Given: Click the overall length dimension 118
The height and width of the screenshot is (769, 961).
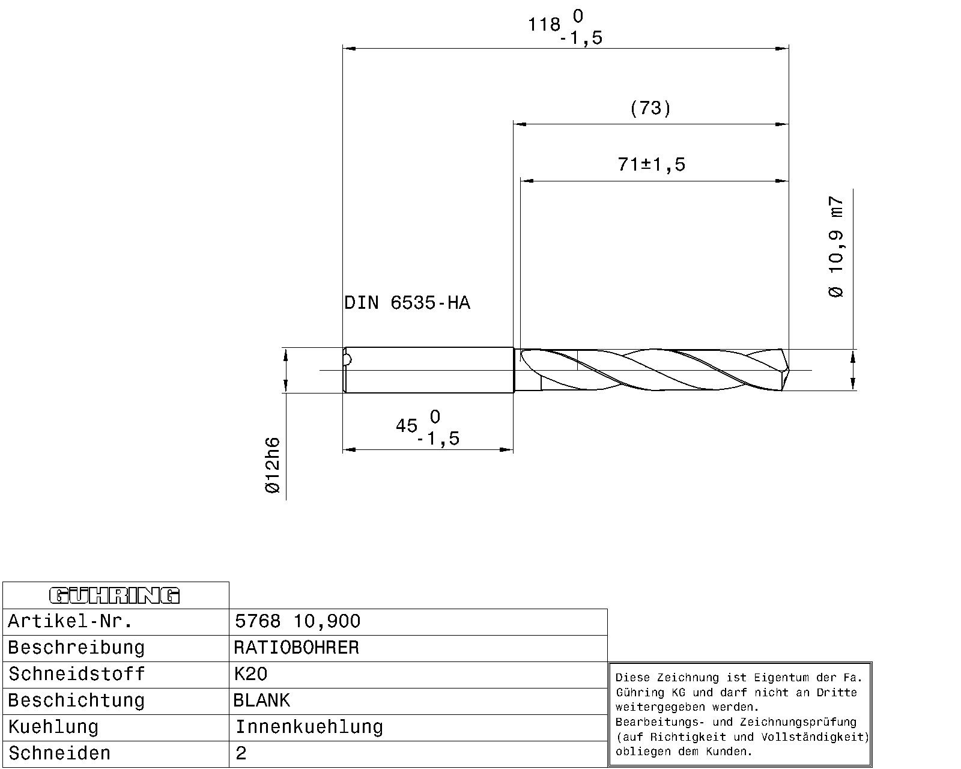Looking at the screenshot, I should [x=544, y=25].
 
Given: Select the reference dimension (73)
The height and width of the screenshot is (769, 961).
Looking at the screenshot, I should [x=650, y=108].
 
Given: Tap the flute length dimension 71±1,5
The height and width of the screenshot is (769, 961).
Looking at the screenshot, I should [x=651, y=164].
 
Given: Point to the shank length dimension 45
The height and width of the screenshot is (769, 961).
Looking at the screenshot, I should [x=407, y=426].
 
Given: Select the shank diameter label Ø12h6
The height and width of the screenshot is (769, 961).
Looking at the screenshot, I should [x=272, y=466].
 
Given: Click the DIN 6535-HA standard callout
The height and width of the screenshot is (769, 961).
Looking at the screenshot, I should [x=407, y=303].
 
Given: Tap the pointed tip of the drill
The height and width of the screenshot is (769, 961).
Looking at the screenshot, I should [x=788, y=370].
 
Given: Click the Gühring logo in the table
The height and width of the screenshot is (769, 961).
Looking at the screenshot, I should [x=114, y=595].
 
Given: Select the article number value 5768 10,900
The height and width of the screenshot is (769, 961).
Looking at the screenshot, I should [x=297, y=621].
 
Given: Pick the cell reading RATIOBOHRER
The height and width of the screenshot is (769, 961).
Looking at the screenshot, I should [x=297, y=648].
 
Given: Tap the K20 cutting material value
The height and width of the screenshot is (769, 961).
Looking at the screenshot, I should [x=250, y=674].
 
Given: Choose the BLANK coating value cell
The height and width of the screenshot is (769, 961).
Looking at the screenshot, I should [x=262, y=701].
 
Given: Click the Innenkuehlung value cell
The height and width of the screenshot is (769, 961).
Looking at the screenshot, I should [x=309, y=727].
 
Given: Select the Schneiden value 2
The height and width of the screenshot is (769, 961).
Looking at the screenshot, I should [x=241, y=753].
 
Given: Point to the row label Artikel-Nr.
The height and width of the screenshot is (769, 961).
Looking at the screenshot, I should [x=70, y=621].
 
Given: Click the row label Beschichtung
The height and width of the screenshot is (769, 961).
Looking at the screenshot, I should [x=76, y=701].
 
